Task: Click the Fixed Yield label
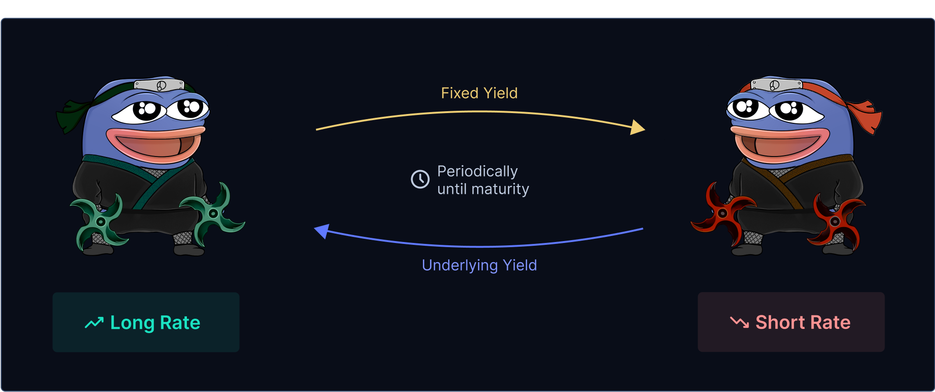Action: (x=479, y=93)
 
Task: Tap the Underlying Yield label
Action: (x=479, y=265)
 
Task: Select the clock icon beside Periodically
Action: (x=420, y=179)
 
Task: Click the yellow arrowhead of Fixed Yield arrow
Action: (x=638, y=127)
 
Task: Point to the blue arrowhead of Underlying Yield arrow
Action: (x=322, y=231)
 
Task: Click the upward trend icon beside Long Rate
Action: (x=94, y=323)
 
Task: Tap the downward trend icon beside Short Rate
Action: (x=740, y=322)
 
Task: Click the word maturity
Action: (x=500, y=189)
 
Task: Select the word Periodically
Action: (x=478, y=171)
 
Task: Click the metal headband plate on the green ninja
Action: (x=159, y=85)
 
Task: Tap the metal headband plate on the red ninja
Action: (x=777, y=85)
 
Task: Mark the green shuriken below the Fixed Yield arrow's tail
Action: (x=213, y=214)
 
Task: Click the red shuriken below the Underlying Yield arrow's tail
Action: (x=722, y=214)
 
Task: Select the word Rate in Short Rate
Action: (x=831, y=322)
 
